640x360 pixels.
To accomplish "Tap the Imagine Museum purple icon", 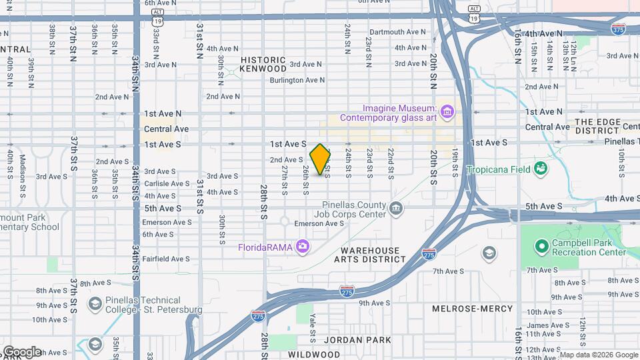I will pyautogui.click(x=447, y=109).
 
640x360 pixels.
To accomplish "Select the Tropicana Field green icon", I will pyautogui.click(x=540, y=169).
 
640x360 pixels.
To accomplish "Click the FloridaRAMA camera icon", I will pyautogui.click(x=303, y=247).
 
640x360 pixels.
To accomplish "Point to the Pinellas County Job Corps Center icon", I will pyautogui.click(x=396, y=210).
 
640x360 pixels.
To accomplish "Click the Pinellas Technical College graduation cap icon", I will pyautogui.click(x=94, y=305).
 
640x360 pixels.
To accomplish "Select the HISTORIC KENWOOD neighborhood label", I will pyautogui.click(x=263, y=65).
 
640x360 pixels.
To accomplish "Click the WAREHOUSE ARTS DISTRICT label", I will pyautogui.click(x=367, y=255).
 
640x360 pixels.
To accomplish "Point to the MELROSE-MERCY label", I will pyautogui.click(x=472, y=309).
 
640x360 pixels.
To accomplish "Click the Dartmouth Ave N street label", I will pyautogui.click(x=397, y=31).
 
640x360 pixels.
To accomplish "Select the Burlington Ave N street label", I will pyautogui.click(x=297, y=80).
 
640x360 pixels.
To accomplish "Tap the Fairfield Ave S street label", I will pyautogui.click(x=166, y=259).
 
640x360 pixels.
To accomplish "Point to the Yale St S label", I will pyautogui.click(x=313, y=325).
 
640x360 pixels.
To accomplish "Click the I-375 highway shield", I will pyautogui.click(x=617, y=29).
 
